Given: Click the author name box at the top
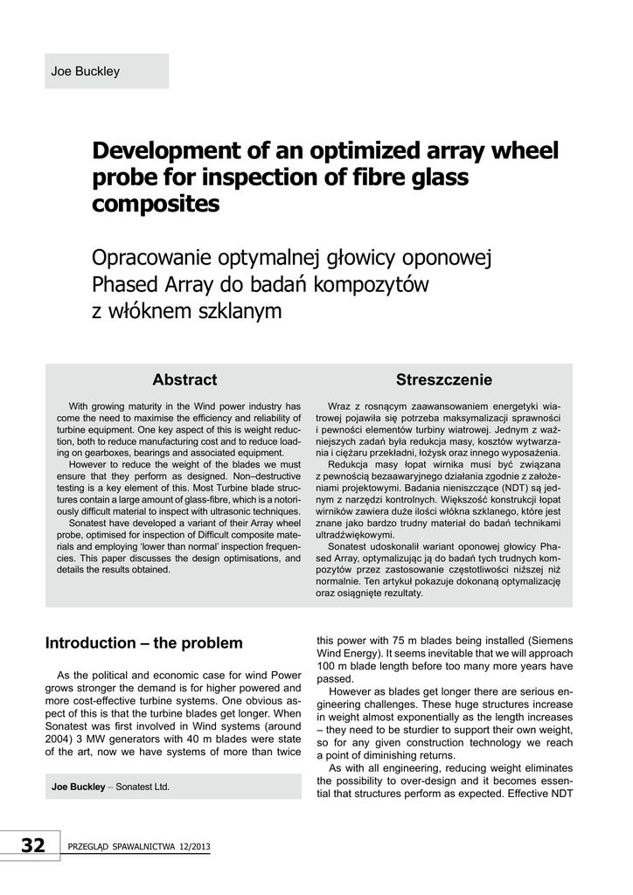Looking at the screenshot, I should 106,71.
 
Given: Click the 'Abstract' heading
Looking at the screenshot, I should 184,379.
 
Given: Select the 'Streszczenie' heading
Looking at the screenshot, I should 443,379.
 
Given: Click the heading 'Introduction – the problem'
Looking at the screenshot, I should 143,643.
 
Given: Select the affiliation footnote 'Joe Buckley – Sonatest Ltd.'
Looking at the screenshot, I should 110,787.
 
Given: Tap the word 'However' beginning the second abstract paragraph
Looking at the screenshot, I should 87,464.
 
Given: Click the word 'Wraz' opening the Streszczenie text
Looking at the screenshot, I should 339,407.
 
